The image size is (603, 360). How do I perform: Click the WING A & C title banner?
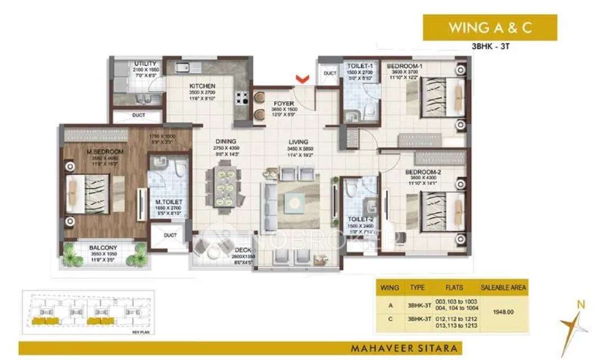(x=489, y=28)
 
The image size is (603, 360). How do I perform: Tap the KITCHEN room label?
(x=202, y=86)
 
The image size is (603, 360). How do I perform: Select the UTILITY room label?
(x=145, y=64)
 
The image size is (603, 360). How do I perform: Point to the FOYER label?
(x=284, y=103)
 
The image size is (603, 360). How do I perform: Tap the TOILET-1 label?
(x=358, y=66)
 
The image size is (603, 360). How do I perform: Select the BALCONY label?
(x=102, y=247)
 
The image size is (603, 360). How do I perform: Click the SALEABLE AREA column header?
(x=503, y=287)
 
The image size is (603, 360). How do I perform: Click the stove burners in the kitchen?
(x=242, y=97)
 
